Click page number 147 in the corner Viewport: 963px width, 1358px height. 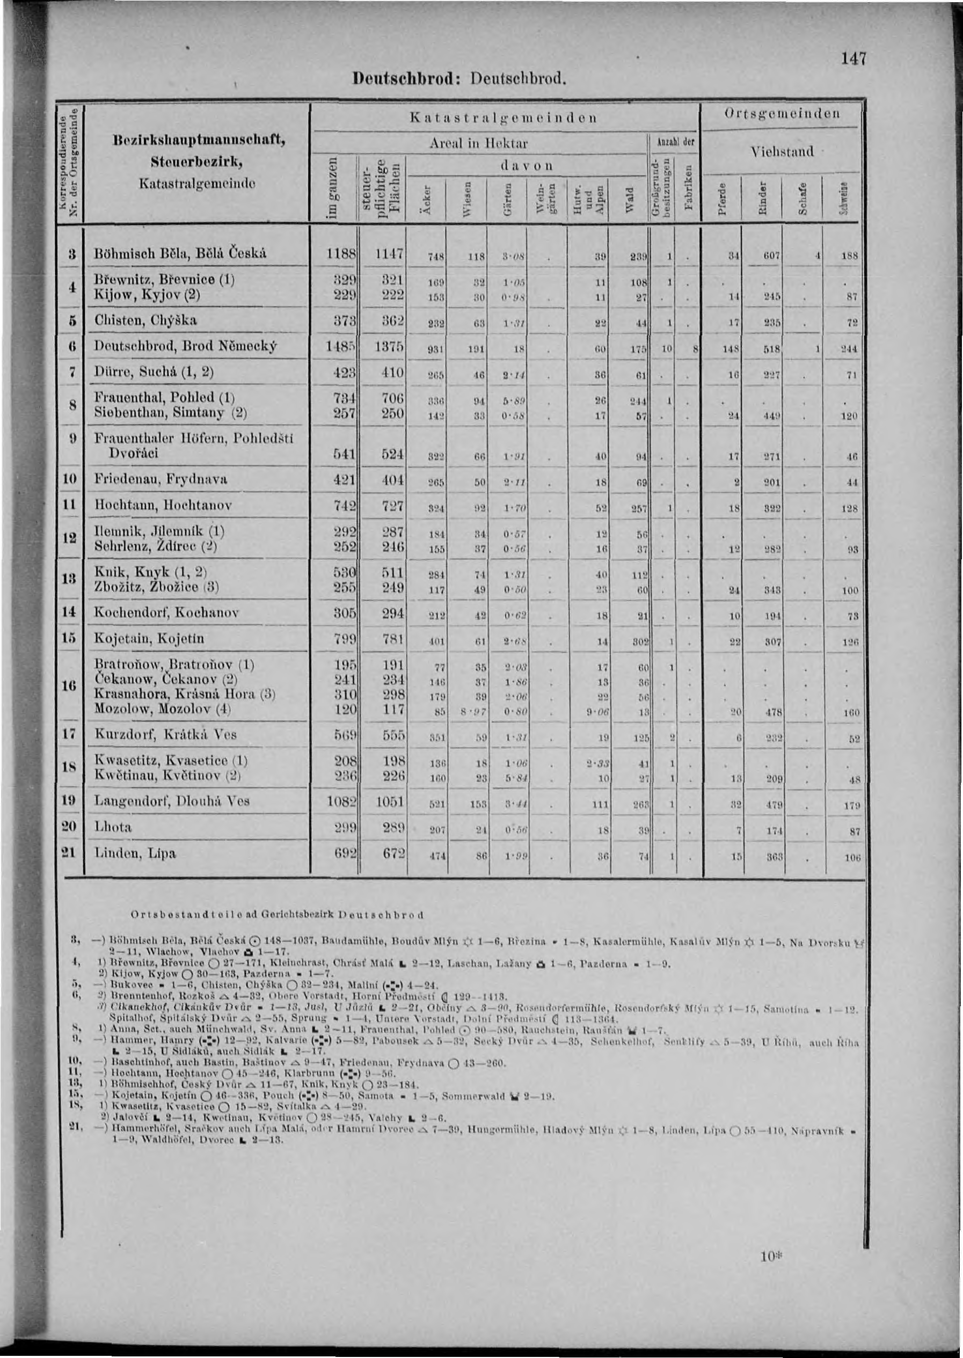pyautogui.click(x=853, y=59)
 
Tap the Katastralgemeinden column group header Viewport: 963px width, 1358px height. pyautogui.click(x=504, y=118)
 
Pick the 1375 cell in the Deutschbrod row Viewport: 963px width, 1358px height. pyautogui.click(x=389, y=346)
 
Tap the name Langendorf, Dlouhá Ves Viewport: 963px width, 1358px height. pyautogui.click(x=172, y=800)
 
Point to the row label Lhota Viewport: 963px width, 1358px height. pyautogui.click(x=113, y=827)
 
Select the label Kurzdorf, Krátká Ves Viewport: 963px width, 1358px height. pyautogui.click(x=166, y=734)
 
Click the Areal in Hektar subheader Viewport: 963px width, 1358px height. pyautogui.click(x=479, y=144)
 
